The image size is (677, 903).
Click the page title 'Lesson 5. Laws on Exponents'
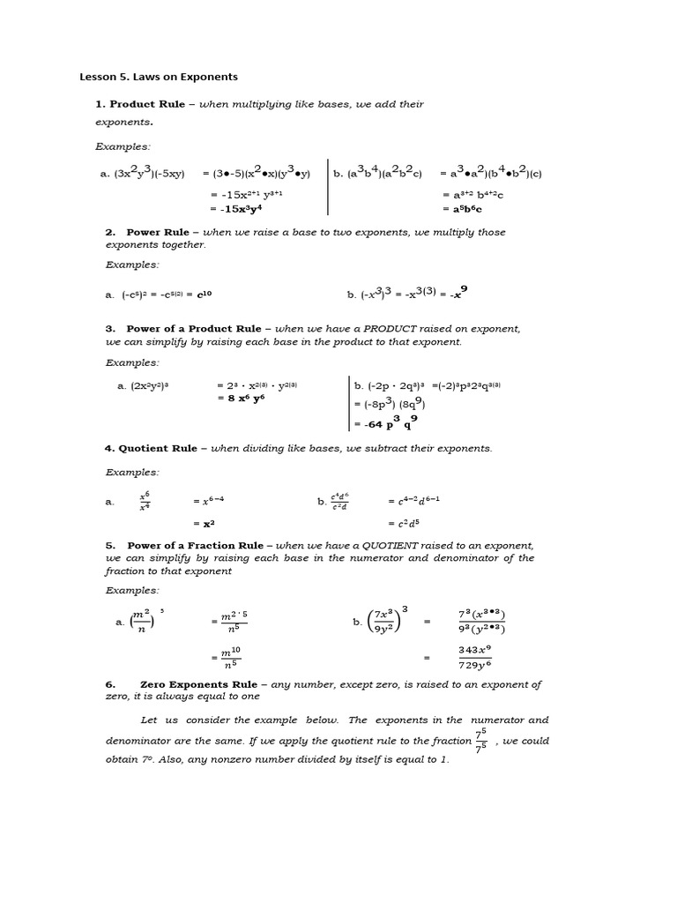(159, 77)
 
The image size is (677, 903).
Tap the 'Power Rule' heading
(158, 232)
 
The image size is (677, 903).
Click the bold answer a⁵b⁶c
(467, 209)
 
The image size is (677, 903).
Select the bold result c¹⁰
(205, 295)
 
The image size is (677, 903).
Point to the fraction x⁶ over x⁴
(145, 501)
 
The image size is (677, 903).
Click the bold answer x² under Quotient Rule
(209, 523)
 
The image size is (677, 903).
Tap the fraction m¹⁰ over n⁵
(231, 656)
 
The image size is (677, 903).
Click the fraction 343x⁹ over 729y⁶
(474, 656)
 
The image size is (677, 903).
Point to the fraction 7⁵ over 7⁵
(480, 741)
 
